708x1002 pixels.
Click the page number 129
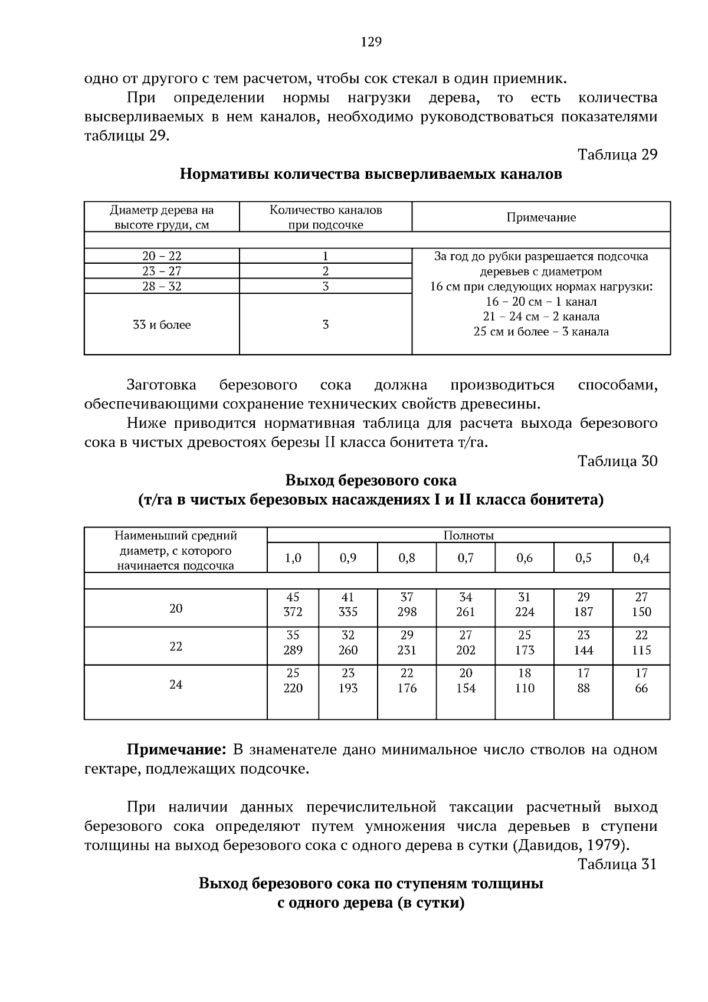point(371,42)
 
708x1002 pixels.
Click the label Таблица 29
point(617,155)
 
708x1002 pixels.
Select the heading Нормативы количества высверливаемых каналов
point(371,175)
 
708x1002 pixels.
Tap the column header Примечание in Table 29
point(541,217)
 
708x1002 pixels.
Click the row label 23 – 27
point(162,271)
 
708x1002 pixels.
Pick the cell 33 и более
point(162,325)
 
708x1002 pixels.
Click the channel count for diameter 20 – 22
point(325,256)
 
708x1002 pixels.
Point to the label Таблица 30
point(617,461)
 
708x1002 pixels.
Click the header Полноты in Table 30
point(468,535)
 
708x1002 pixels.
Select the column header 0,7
point(466,558)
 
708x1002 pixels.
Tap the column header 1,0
point(293,558)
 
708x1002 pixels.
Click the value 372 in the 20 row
point(293,612)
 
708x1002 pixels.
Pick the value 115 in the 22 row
point(641,650)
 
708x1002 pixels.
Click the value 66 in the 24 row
point(641,688)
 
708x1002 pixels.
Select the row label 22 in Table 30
point(176,646)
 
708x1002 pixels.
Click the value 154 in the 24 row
point(466,688)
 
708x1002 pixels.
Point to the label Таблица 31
point(617,865)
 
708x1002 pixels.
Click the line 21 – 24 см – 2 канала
point(541,316)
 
